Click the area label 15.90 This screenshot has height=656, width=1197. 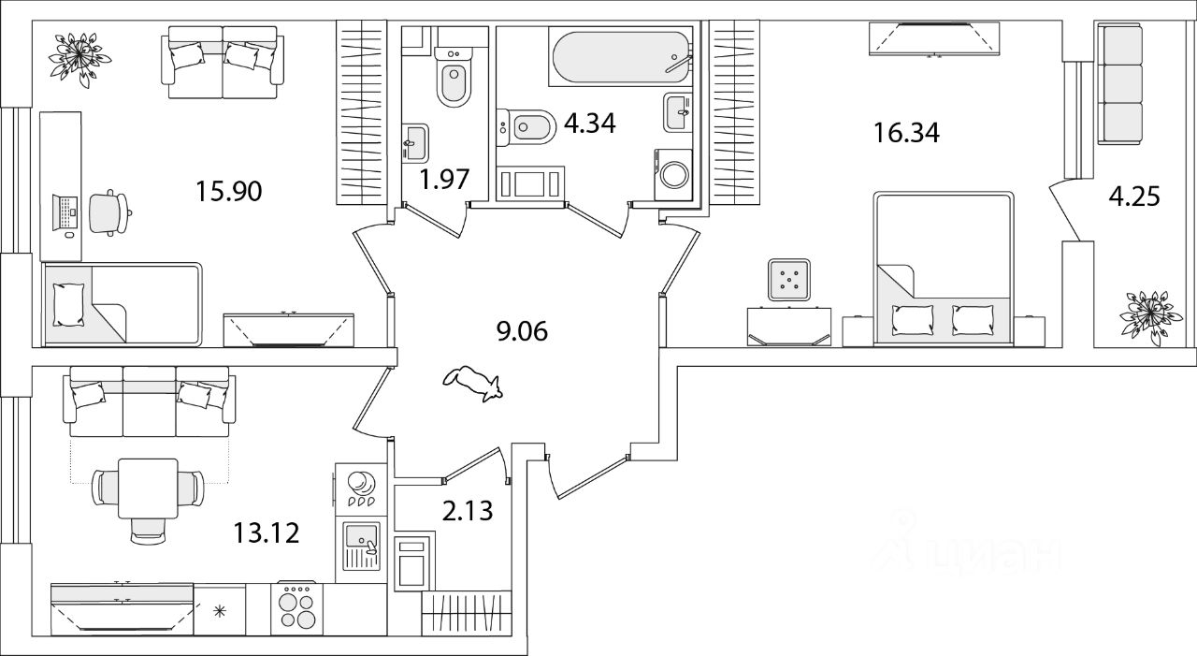pos(228,192)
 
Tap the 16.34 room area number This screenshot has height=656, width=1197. pos(906,132)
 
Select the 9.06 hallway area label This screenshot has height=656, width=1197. pos(522,330)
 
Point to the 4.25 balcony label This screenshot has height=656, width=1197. pos(1133,197)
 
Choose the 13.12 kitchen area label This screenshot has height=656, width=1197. pos(267,533)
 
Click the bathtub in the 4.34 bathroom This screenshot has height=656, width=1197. pos(621,58)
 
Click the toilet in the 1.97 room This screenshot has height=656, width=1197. pos(453,80)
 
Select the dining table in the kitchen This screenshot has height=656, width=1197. pos(149,487)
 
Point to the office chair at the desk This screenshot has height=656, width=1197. pos(109,212)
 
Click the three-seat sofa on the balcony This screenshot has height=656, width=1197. pos(1120,84)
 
